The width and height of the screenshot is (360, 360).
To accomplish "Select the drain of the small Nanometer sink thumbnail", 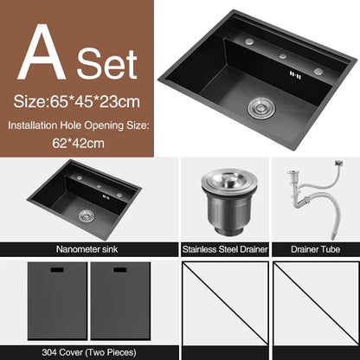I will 85,215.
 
